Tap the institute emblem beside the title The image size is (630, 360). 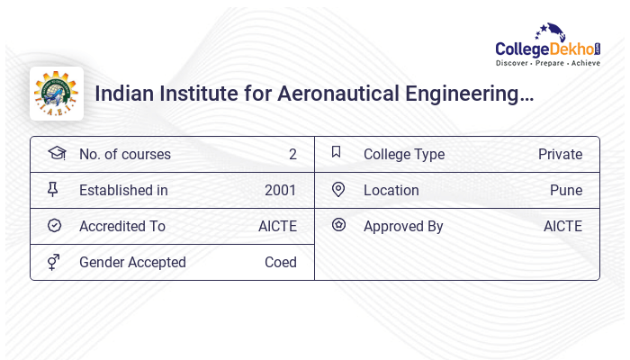click(57, 94)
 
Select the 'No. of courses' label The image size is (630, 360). click(124, 154)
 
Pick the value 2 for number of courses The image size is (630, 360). click(292, 154)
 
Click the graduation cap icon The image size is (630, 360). click(56, 153)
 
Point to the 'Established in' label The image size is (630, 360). click(123, 190)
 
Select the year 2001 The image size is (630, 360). click(281, 190)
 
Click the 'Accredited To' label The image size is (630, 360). click(122, 226)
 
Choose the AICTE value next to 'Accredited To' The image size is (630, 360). click(277, 226)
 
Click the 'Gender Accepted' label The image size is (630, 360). click(132, 262)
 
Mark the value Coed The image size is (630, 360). click(281, 262)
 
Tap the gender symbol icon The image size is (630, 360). click(54, 262)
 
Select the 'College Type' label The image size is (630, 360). click(404, 154)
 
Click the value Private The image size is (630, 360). click(560, 154)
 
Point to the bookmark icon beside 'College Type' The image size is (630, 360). click(337, 152)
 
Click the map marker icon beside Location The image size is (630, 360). click(338, 189)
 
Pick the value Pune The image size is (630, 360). click(566, 190)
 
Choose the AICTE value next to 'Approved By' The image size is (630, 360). click(562, 226)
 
